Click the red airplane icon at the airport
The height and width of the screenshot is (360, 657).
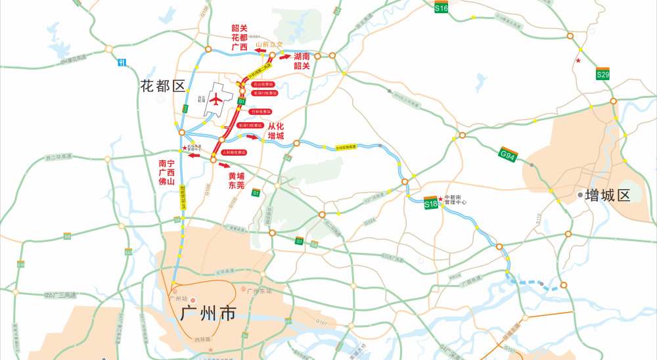pos(215,99)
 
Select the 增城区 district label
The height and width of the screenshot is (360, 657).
pos(608,195)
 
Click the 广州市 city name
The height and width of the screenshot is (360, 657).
pos(208,313)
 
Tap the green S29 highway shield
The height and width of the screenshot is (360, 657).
pos(603,74)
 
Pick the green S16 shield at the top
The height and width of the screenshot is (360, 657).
pos(442,8)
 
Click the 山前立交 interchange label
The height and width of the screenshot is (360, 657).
pos(268,44)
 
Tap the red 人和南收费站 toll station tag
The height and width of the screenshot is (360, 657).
pos(234,152)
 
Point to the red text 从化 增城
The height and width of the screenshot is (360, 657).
pos(276,131)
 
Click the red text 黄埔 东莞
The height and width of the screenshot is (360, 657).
pos(237,181)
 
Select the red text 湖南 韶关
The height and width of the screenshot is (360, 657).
pos(302,61)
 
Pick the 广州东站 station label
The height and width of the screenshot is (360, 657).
pos(260,290)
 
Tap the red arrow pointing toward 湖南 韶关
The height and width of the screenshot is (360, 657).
pos(284,56)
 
